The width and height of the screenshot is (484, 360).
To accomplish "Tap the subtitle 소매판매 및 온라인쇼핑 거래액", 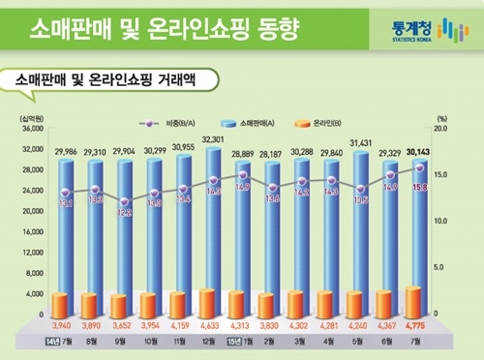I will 106,80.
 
